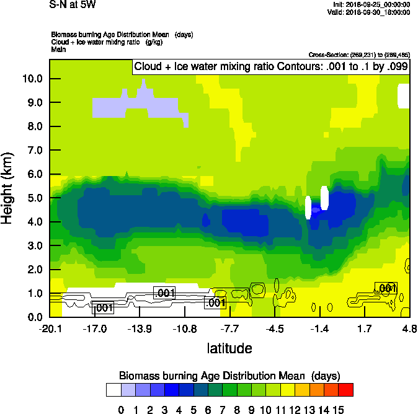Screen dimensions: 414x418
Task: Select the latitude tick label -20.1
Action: tap(50, 328)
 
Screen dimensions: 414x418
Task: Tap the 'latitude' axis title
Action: tap(229, 348)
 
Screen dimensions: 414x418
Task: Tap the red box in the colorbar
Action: tap(346, 389)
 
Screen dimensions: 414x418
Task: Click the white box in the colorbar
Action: tap(113, 389)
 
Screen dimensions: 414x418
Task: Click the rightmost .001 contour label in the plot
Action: tap(386, 288)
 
